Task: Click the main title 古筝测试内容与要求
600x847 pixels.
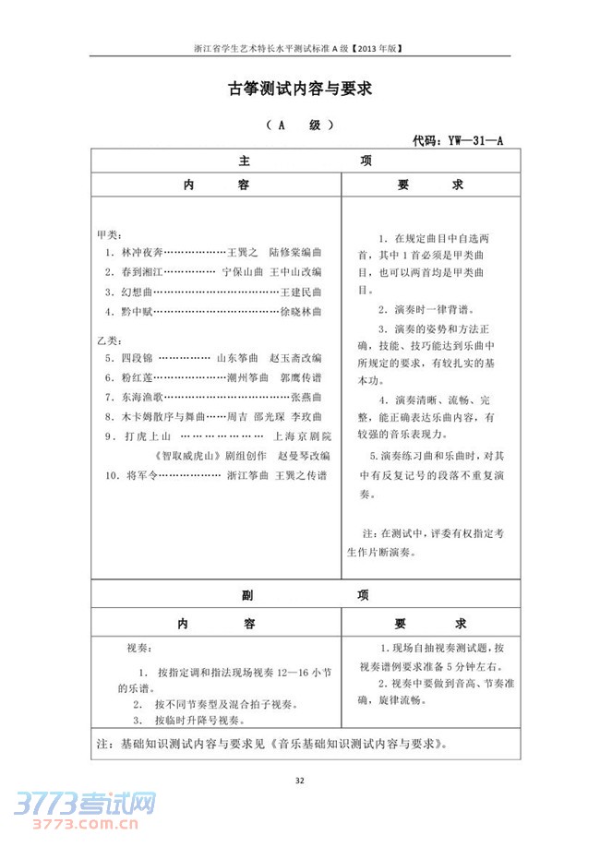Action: (299, 89)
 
